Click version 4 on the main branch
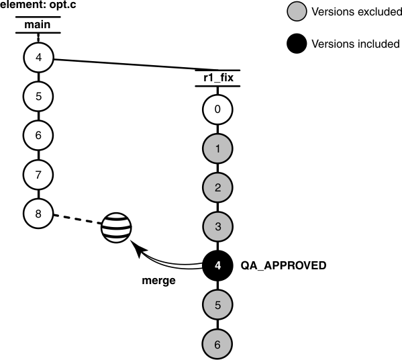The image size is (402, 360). point(38,57)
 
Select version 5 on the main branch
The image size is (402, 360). point(38,96)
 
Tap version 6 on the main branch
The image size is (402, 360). point(38,135)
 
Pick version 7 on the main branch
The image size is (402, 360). point(38,174)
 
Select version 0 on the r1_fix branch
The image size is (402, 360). point(217,107)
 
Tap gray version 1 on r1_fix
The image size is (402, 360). point(217,146)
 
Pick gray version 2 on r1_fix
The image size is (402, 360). point(217,187)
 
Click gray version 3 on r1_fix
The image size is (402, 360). point(217,226)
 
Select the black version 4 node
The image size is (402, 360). point(217,265)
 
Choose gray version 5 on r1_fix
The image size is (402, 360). point(217,304)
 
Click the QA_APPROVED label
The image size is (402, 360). point(283,266)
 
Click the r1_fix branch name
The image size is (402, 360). point(217,79)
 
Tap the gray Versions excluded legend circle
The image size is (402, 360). point(297,11)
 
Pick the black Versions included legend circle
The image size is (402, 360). point(297,44)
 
